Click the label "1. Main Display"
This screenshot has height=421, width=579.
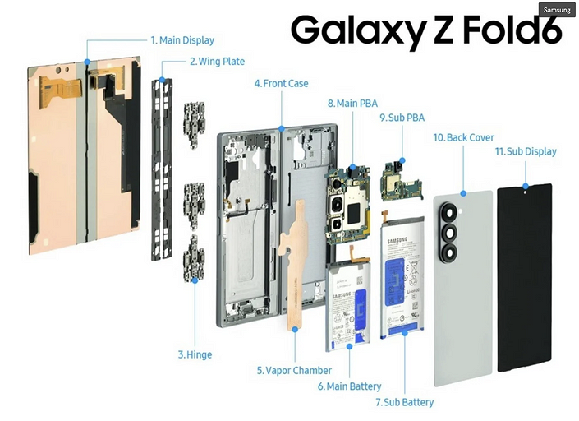tap(182, 39)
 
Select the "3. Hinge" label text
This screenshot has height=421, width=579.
tap(195, 354)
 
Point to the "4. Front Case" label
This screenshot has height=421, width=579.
tap(282, 83)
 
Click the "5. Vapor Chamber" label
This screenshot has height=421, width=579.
tap(294, 371)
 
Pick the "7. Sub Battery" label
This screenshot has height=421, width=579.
tap(404, 402)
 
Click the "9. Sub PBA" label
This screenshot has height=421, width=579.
tap(402, 118)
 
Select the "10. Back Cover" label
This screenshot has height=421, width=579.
tap(464, 137)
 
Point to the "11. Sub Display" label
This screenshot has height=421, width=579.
tap(526, 151)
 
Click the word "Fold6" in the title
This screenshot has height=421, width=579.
tap(501, 31)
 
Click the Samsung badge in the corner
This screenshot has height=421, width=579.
tap(556, 9)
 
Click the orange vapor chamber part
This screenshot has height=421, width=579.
tap(296, 247)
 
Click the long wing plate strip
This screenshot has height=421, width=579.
tap(163, 172)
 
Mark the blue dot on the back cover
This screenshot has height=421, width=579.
tap(463, 192)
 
